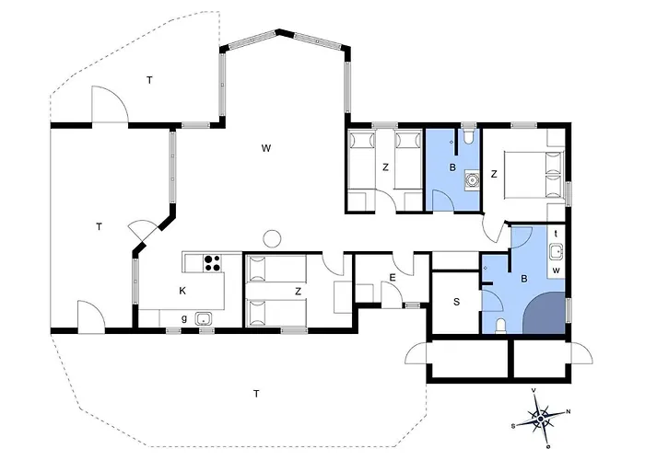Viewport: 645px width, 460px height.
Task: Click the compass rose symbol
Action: [540, 419]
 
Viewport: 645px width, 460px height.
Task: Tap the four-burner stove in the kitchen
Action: [212, 263]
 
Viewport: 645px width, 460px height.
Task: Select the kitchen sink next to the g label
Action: [204, 318]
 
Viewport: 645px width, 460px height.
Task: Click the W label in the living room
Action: [266, 148]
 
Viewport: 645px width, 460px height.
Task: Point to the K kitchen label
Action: [182, 291]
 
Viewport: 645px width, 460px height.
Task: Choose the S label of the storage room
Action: [456, 302]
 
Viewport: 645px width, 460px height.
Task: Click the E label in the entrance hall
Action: [392, 278]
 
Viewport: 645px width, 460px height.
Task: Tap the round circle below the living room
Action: [272, 238]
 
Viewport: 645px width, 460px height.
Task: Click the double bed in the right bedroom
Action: [534, 174]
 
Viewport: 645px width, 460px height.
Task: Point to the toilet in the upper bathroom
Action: [468, 136]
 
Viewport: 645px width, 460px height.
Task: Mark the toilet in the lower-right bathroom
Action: [500, 326]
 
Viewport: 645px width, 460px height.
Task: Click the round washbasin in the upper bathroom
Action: [472, 180]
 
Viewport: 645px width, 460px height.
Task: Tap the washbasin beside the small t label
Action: [557, 251]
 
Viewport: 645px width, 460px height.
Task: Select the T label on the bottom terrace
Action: [256, 395]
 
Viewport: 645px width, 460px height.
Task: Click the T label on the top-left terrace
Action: [149, 81]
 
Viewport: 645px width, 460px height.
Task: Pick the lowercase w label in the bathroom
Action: [557, 270]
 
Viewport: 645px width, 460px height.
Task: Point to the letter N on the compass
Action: [569, 411]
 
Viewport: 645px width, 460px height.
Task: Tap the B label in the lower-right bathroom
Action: [524, 279]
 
